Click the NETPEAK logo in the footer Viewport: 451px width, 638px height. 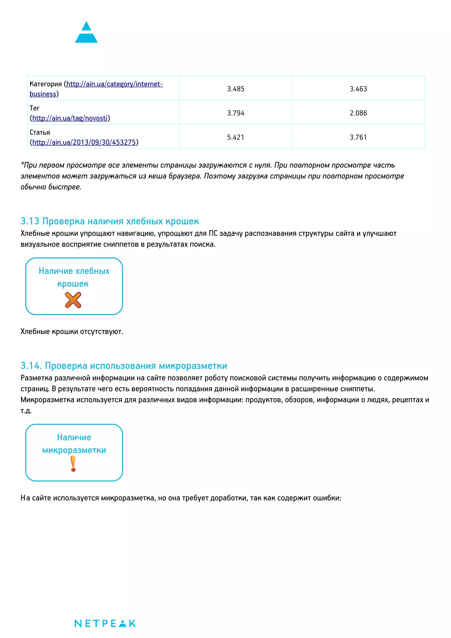[x=105, y=623]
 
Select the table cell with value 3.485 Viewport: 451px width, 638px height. [x=235, y=89]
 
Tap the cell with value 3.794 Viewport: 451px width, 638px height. [x=235, y=113]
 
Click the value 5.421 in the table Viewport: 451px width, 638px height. [x=235, y=137]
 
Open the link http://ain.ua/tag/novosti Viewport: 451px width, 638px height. [x=70, y=118]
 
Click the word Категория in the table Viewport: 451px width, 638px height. [x=46, y=84]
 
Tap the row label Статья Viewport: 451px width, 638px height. [x=40, y=133]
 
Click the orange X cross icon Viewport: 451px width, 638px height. [x=73, y=300]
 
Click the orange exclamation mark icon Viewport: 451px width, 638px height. [x=73, y=464]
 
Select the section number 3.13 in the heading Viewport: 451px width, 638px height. [x=30, y=221]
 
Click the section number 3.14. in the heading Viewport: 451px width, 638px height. [x=31, y=366]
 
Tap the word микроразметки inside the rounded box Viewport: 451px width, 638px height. [x=74, y=450]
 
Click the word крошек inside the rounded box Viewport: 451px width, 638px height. [x=73, y=284]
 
